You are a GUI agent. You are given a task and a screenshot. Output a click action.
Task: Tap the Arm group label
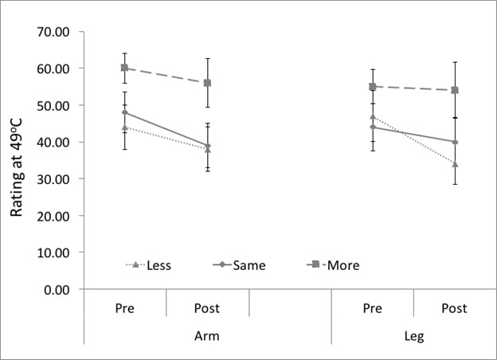[206, 337]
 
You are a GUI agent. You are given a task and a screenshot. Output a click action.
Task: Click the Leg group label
[413, 337]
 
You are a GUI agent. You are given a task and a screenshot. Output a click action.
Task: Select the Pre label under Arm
[124, 308]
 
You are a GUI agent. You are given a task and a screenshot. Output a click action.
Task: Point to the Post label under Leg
[454, 308]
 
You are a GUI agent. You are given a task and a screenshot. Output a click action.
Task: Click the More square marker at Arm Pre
[124, 68]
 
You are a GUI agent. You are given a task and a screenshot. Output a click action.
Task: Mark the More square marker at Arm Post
[207, 83]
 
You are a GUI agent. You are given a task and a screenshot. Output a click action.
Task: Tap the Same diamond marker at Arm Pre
[124, 112]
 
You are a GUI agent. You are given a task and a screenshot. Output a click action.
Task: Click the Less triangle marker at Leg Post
[455, 164]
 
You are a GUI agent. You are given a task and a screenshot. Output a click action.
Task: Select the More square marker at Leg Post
[455, 90]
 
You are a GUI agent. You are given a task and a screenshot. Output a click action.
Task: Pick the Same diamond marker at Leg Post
[455, 142]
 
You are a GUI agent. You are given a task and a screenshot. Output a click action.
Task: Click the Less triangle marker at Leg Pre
[372, 116]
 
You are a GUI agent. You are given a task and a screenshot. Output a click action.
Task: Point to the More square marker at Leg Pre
[372, 86]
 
